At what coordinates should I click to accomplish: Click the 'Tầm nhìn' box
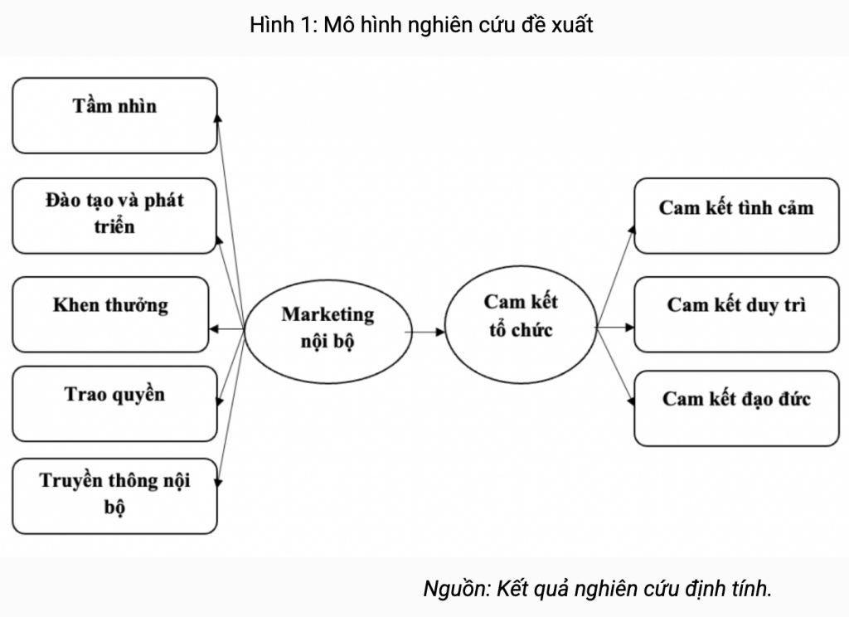point(114,115)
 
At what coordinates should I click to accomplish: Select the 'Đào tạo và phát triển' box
point(114,214)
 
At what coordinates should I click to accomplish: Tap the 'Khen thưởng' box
point(111,313)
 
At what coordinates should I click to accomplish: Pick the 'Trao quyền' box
point(114,403)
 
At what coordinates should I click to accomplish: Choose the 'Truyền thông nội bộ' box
point(114,494)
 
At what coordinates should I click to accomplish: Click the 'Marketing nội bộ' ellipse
point(327,328)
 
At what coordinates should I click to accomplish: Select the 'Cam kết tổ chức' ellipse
point(520,316)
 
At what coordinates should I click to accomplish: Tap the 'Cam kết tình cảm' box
point(736,215)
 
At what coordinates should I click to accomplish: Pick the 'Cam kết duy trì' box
point(736,313)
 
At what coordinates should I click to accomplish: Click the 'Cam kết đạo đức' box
point(736,408)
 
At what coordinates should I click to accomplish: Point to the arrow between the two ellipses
point(425,332)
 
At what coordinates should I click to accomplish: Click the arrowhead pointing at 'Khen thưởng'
point(214,329)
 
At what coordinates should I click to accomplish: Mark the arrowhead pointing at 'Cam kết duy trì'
point(629,328)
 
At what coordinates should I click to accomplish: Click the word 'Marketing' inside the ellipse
point(327,314)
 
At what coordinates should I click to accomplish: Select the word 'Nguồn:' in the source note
point(457,590)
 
